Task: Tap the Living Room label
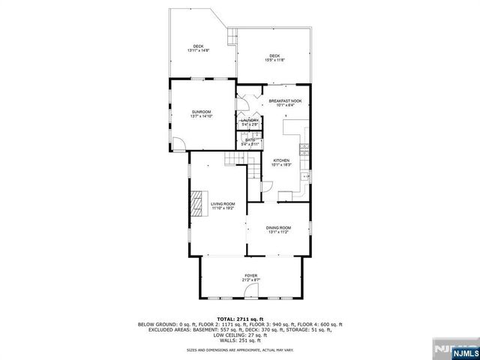(x=223, y=203)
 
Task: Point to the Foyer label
(x=250, y=275)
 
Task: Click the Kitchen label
(x=281, y=160)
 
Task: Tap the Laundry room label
(x=250, y=120)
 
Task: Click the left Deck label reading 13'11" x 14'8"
(x=198, y=46)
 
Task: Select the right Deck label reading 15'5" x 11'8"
(x=275, y=56)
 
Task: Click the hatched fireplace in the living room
(x=196, y=202)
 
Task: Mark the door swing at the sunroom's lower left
(x=177, y=145)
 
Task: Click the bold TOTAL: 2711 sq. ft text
(x=240, y=319)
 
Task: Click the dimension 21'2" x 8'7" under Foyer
(x=250, y=280)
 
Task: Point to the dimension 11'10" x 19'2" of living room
(x=223, y=208)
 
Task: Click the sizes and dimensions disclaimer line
(x=240, y=349)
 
